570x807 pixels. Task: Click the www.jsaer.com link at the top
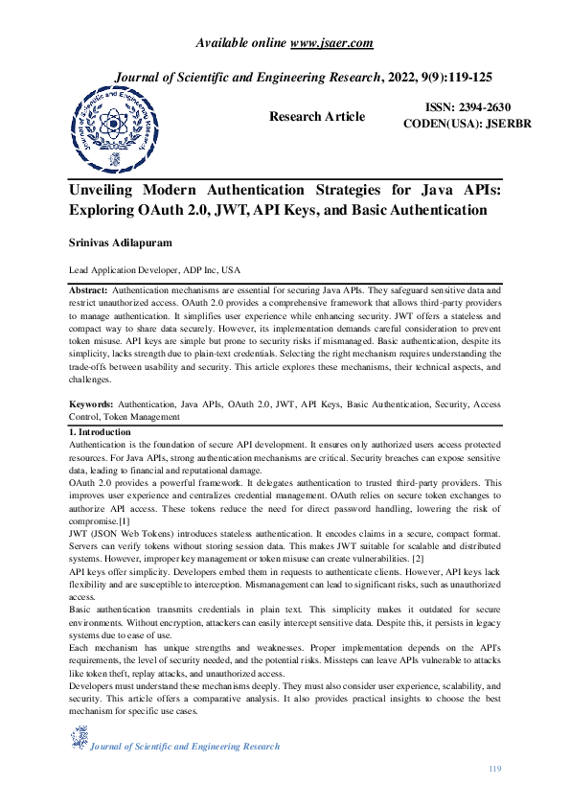pyautogui.click(x=331, y=42)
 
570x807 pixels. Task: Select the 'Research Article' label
pyautogui.click(x=317, y=117)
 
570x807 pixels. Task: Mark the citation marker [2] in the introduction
pyautogui.click(x=422, y=557)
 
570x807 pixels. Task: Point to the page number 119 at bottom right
pyautogui.click(x=494, y=770)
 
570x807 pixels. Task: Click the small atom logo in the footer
pyautogui.click(x=79, y=739)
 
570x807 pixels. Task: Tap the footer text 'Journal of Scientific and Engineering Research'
pyautogui.click(x=185, y=747)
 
